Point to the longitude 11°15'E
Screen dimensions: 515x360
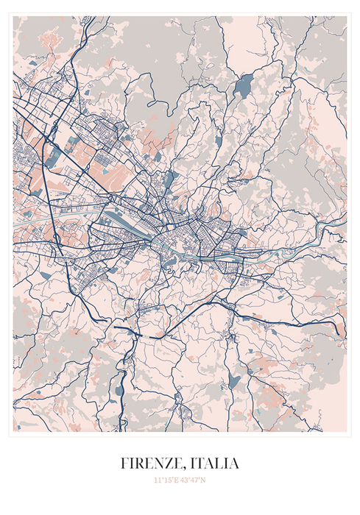click(166, 480)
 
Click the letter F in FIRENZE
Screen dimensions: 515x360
click(124, 464)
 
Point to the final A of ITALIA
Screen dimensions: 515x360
click(234, 464)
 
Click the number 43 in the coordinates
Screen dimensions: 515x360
click(185, 480)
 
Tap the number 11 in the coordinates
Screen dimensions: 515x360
click(157, 480)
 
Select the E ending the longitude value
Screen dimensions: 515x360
click(176, 480)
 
